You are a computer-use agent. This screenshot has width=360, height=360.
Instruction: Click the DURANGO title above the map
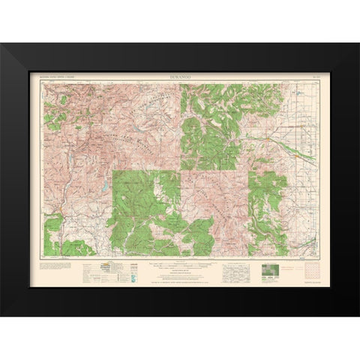[180, 76]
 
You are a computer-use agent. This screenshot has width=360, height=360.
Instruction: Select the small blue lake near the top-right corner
[297, 94]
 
